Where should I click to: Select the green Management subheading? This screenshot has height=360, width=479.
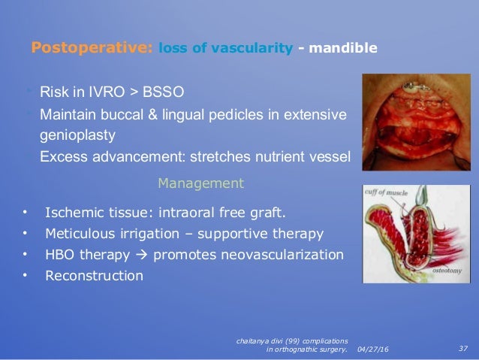coord(201,183)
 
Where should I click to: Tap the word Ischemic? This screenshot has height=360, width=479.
coord(74,212)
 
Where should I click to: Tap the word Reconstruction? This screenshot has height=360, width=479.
coord(94,276)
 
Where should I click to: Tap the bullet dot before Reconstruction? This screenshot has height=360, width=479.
coord(25,275)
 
